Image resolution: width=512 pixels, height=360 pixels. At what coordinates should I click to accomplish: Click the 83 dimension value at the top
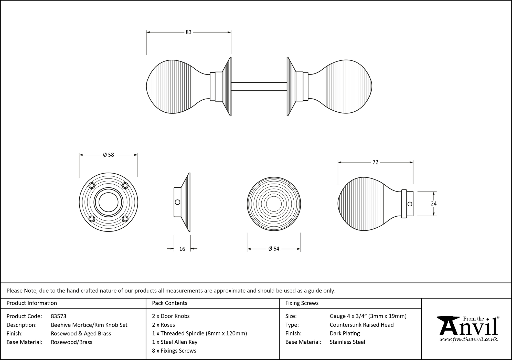[x=188, y=32]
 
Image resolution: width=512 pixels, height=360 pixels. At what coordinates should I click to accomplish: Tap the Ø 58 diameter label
[x=108, y=155]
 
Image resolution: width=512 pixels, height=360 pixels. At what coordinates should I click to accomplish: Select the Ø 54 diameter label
[x=274, y=249]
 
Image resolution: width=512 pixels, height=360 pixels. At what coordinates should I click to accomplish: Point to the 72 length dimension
[x=375, y=162]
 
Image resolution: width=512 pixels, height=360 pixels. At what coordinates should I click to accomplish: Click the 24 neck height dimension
[x=433, y=204]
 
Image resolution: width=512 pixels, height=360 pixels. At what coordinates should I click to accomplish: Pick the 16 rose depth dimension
[x=182, y=249]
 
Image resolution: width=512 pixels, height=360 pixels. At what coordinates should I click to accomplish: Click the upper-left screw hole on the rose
[x=92, y=186]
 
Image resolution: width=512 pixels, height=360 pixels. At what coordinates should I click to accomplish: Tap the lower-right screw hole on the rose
[x=125, y=219]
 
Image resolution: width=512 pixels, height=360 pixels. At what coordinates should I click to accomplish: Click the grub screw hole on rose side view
[x=177, y=202]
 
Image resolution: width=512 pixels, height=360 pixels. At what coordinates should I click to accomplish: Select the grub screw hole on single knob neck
[x=410, y=204]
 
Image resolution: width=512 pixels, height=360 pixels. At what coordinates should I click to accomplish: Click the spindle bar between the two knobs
[x=259, y=87]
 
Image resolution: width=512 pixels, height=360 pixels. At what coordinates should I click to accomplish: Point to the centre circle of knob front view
[x=274, y=204]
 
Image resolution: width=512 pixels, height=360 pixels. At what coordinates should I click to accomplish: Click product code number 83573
[x=59, y=316]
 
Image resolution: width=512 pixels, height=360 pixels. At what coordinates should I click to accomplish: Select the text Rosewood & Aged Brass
[x=81, y=333]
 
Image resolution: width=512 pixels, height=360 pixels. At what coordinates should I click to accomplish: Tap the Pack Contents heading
[x=169, y=303]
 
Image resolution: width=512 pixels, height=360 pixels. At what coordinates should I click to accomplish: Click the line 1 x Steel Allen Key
[x=175, y=342]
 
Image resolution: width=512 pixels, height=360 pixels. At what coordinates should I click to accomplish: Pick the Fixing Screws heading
[x=302, y=303]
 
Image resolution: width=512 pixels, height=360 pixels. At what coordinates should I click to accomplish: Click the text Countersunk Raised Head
[x=361, y=325]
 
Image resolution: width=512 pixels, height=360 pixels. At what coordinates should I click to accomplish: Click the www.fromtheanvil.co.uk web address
[x=468, y=340]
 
